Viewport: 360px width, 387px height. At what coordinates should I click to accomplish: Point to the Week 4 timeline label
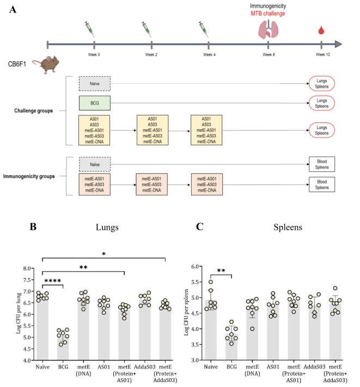coord(210,54)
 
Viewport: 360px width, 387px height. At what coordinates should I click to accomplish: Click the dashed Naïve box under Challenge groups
coord(95,84)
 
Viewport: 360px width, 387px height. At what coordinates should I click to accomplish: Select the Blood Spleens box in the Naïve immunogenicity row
coord(321,163)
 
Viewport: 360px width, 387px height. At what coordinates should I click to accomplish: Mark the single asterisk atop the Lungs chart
coord(103,254)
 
